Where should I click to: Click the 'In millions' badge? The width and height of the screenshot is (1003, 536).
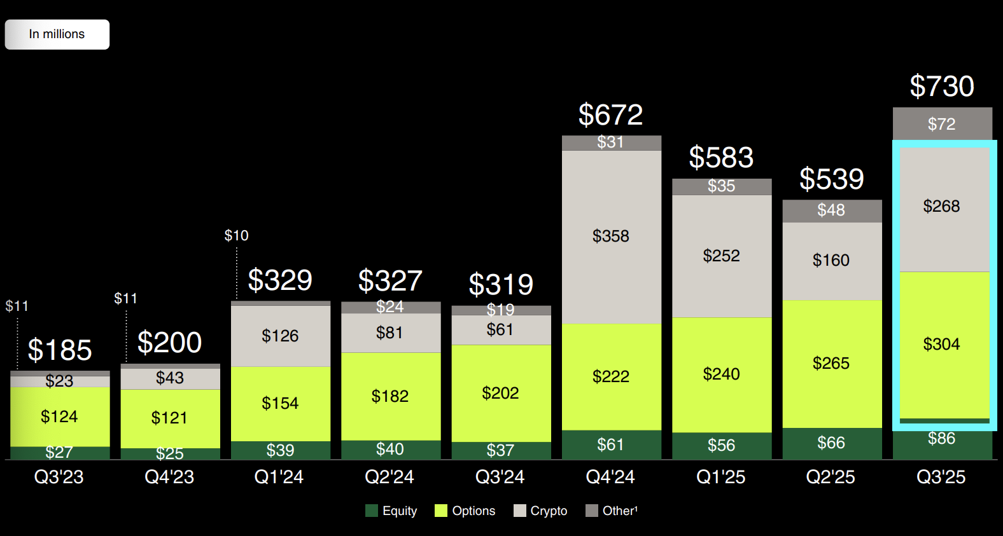point(57,34)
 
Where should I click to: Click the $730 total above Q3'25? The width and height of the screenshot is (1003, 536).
point(942,86)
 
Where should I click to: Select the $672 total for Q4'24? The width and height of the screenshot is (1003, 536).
point(610,115)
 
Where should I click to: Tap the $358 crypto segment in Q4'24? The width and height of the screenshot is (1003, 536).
point(611,237)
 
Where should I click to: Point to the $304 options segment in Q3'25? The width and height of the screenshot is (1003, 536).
point(942,344)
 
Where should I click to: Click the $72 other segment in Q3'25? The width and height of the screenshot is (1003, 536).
point(942,124)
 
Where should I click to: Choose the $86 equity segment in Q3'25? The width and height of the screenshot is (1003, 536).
point(942,439)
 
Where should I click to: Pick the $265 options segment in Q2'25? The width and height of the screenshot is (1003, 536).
point(831,363)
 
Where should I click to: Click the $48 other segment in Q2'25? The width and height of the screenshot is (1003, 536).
point(831,210)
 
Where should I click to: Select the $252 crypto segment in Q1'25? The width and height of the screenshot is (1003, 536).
point(721,256)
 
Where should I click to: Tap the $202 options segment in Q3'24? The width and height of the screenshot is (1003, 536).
point(500,393)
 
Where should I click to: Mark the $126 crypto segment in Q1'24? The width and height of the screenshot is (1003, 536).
point(280,336)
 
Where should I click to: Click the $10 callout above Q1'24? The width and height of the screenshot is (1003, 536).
point(236,236)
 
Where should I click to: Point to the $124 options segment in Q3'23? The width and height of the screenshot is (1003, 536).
point(59,416)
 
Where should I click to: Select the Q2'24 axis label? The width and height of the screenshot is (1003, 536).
point(389,477)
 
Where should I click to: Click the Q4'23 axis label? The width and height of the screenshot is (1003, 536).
point(169,477)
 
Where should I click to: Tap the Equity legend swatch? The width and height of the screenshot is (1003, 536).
point(372,511)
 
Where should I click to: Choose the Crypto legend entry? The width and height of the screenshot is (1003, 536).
point(540,511)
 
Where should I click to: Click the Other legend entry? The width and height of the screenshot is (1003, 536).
point(612,511)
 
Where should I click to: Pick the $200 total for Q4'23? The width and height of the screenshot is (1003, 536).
point(169,343)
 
